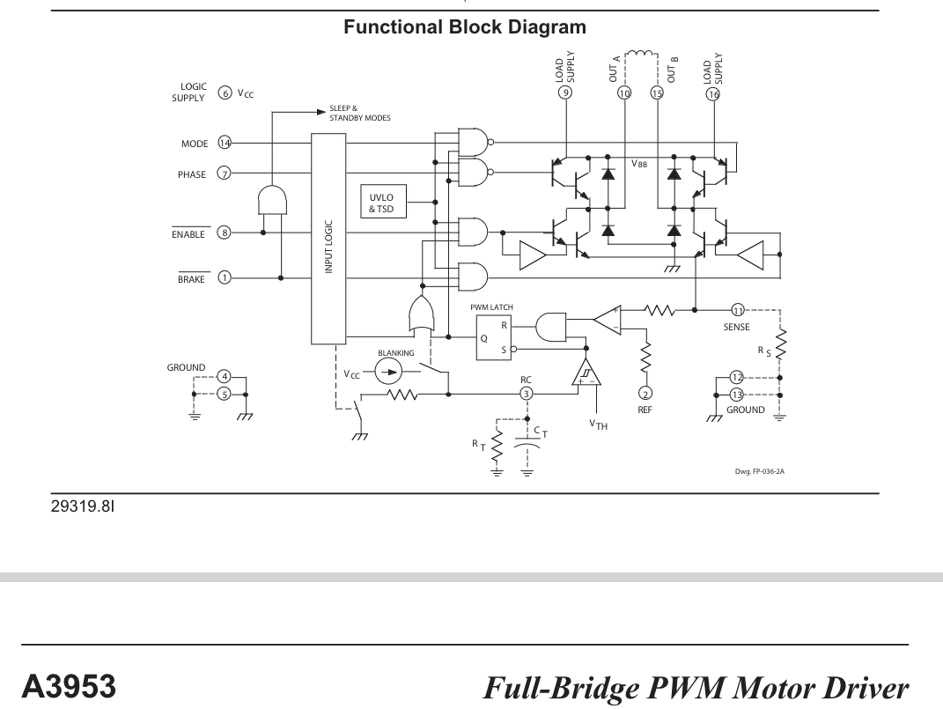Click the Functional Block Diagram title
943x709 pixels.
464,28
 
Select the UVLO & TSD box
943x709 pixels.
381,203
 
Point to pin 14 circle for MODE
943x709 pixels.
225,143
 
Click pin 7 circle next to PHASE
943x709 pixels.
225,174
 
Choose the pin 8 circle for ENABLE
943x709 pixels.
225,233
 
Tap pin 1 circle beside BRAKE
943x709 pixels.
225,278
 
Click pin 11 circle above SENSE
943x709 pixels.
738,309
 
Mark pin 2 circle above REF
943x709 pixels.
645,393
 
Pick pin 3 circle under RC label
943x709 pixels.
527,393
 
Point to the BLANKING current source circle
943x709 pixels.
387,373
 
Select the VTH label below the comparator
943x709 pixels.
599,425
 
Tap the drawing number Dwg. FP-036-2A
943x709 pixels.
759,471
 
